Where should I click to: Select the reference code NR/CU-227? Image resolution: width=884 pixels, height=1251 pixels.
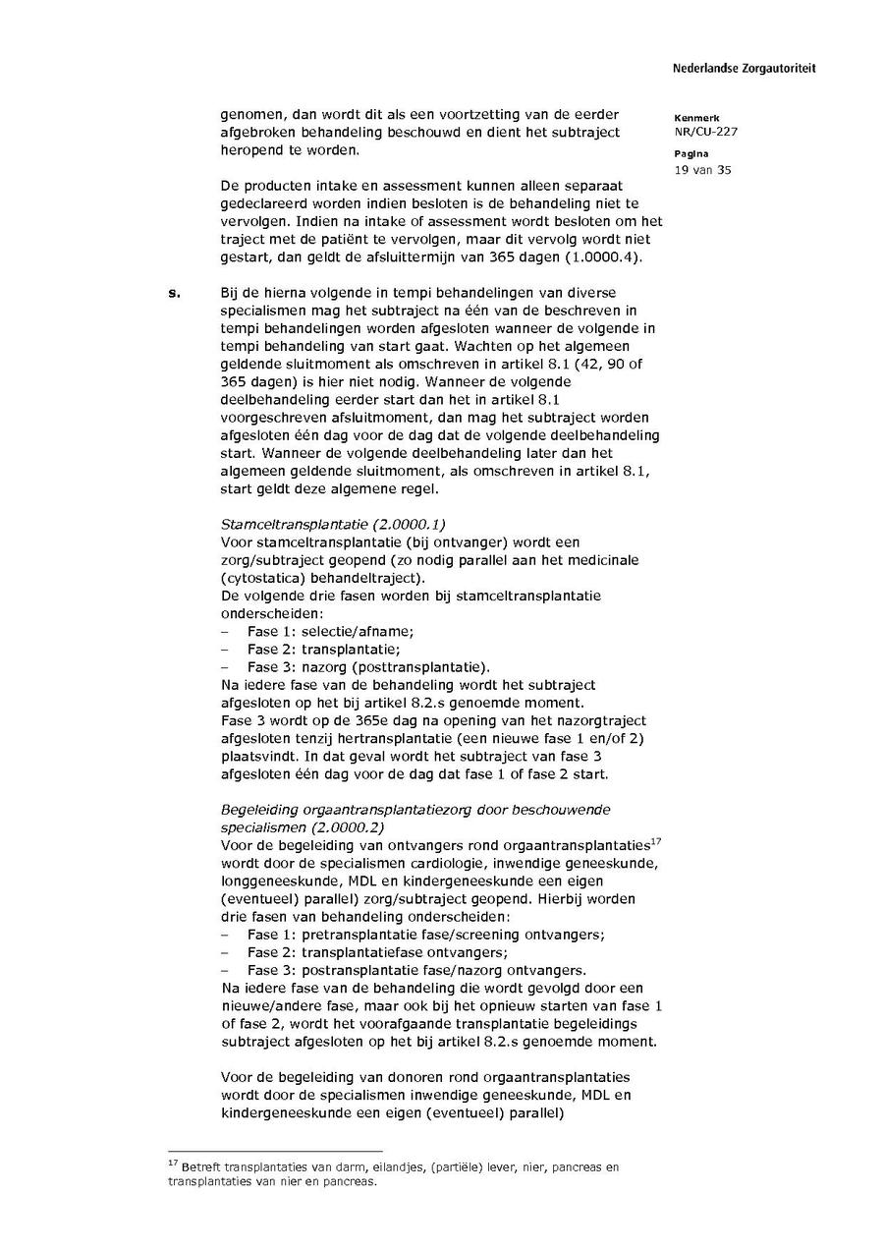tap(706, 132)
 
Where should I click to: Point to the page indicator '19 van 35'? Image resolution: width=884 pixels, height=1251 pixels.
tap(702, 170)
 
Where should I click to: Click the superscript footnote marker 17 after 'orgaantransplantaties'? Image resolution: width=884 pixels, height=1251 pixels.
tap(656, 840)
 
